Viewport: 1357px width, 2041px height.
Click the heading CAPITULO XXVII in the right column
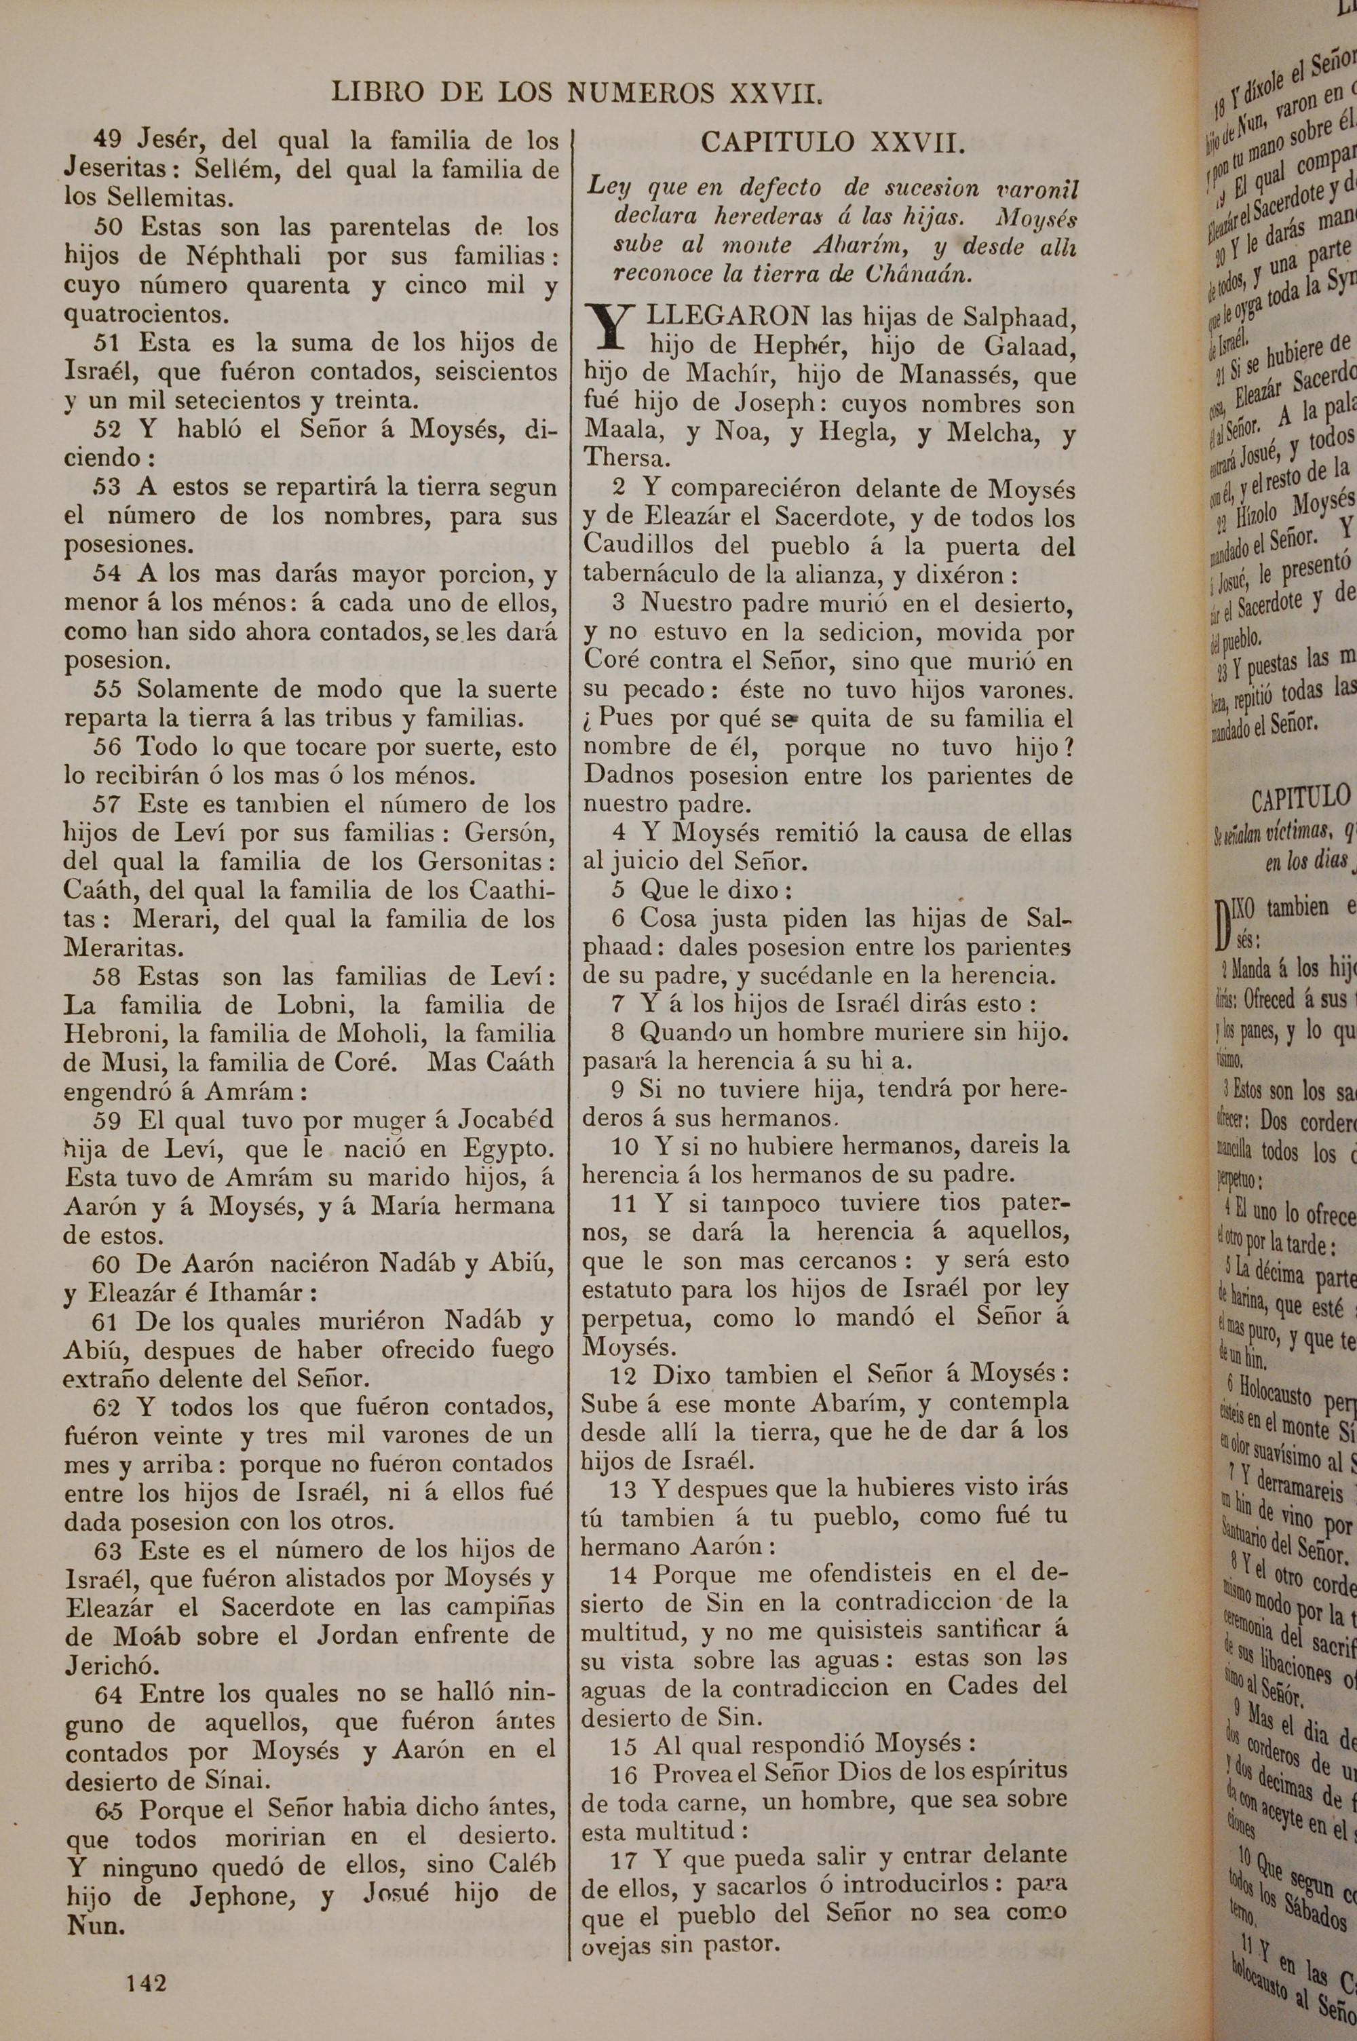click(832, 142)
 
